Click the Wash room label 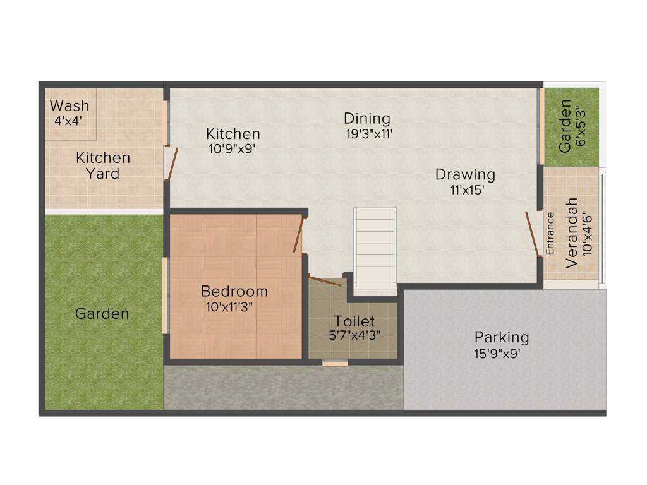click(x=70, y=105)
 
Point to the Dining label click(x=367, y=118)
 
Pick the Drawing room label click(x=465, y=174)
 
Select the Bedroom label click(x=234, y=291)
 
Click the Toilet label click(x=354, y=321)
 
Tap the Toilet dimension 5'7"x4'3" click(x=354, y=336)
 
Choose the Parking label click(x=502, y=337)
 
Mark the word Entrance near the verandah click(x=550, y=234)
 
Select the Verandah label click(x=571, y=234)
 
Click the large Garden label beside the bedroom click(x=102, y=313)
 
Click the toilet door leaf click(x=325, y=281)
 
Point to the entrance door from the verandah click(x=533, y=234)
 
